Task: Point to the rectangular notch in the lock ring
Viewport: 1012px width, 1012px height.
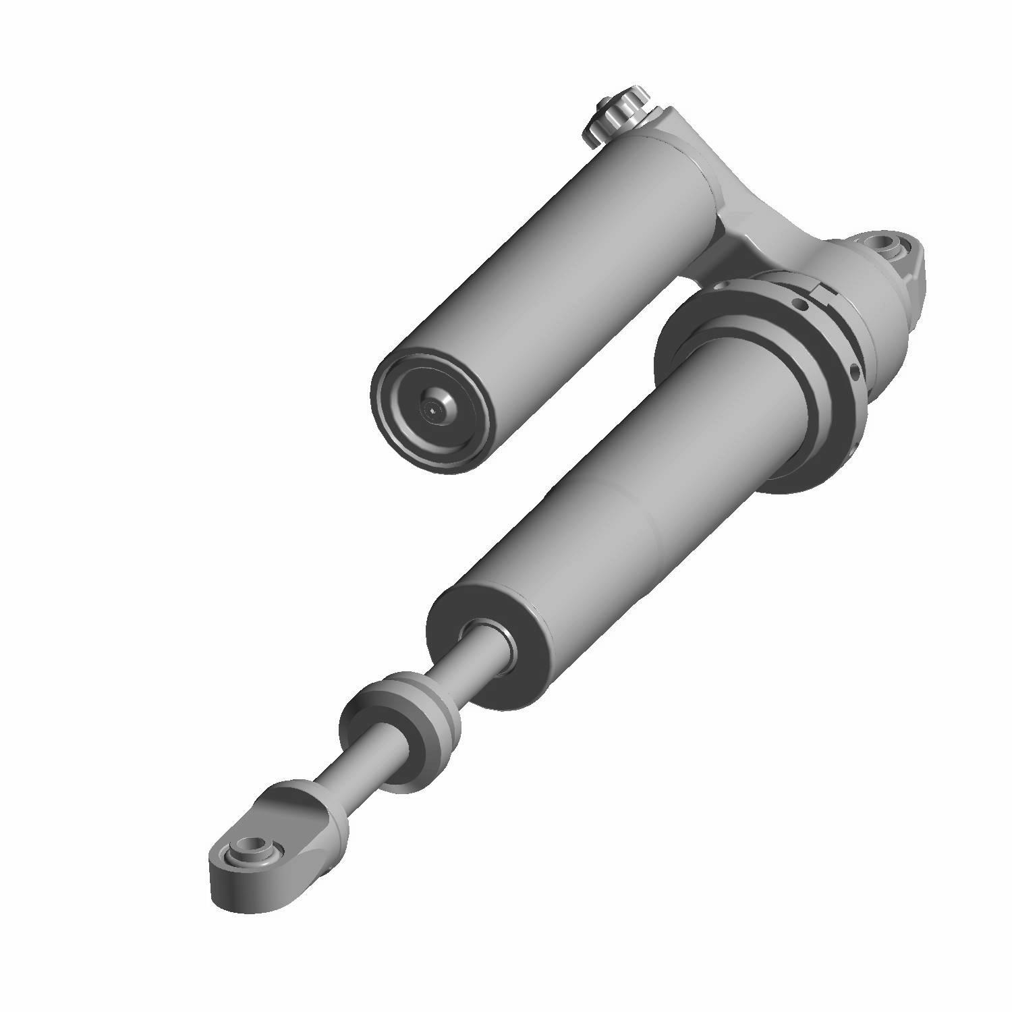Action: click(825, 291)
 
